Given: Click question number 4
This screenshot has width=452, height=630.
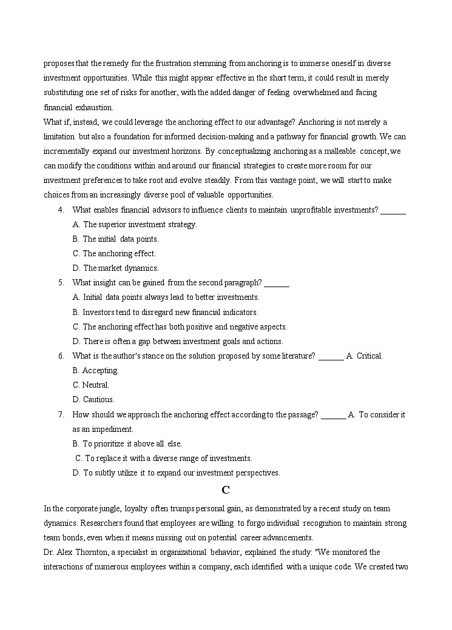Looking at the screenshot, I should [x=61, y=210].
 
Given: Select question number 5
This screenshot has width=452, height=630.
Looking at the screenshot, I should [x=61, y=283].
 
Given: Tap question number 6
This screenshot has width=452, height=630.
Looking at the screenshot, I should [x=61, y=356].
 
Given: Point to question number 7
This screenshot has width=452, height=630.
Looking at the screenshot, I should [x=61, y=415].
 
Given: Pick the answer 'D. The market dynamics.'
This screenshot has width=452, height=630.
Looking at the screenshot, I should [x=115, y=268].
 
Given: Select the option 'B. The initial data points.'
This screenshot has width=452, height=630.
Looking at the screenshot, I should [x=115, y=239].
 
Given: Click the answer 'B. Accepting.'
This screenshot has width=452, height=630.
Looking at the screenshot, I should [x=95, y=371].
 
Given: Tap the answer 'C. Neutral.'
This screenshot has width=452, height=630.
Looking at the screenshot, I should [x=91, y=385].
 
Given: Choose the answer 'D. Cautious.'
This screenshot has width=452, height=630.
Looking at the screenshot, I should [x=93, y=400].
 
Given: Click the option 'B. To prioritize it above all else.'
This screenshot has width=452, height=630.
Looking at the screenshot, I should [x=127, y=444].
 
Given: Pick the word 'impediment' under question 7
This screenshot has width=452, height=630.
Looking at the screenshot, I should [x=113, y=429].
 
